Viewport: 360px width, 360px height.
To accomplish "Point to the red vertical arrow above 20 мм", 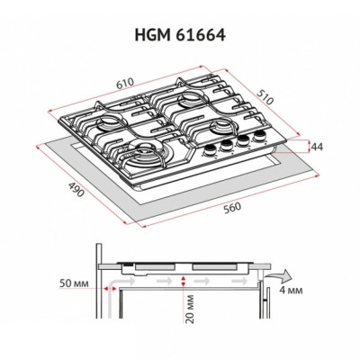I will (x=184, y=282).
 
